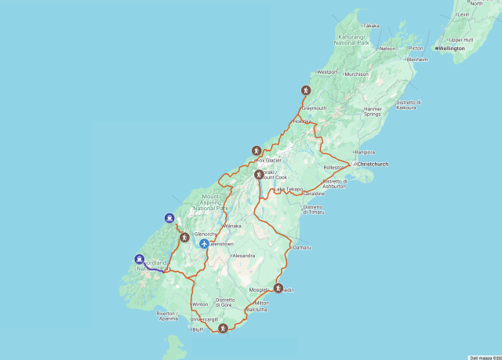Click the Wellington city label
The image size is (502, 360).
tap(451, 49)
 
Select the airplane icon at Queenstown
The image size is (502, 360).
tap(204, 244)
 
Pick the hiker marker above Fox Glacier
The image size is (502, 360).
tap(256, 151)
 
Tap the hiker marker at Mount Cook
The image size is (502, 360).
tap(259, 174)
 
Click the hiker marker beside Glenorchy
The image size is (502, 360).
tap(184, 237)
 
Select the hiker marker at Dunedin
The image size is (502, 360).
tap(278, 289)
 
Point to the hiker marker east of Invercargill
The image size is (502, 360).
tap(223, 328)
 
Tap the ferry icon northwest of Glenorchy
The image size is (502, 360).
tap(169, 218)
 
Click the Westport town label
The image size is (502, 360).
tap(326, 72)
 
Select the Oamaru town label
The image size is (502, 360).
tap(302, 247)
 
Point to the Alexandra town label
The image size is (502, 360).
tap(243, 256)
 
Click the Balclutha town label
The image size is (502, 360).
tap(256, 310)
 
